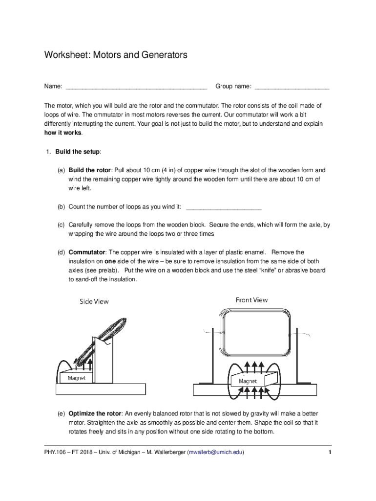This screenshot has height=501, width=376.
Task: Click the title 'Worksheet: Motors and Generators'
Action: [x=115, y=55]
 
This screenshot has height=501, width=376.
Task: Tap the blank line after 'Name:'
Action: [x=136, y=88]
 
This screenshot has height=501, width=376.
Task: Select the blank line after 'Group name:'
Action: [x=292, y=88]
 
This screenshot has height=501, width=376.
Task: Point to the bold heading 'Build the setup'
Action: [x=77, y=152]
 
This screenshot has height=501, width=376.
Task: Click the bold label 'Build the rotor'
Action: [x=89, y=170]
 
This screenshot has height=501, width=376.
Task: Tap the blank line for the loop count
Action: [x=224, y=207]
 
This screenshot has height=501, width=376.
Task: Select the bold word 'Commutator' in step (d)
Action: [x=87, y=252]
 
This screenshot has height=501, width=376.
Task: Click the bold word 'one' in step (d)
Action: [x=110, y=261]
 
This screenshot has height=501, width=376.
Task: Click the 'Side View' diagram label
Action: [x=94, y=302]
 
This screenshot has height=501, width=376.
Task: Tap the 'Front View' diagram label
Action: [x=251, y=300]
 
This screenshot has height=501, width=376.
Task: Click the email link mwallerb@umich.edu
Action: [x=215, y=453]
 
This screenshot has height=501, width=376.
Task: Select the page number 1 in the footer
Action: [x=330, y=453]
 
